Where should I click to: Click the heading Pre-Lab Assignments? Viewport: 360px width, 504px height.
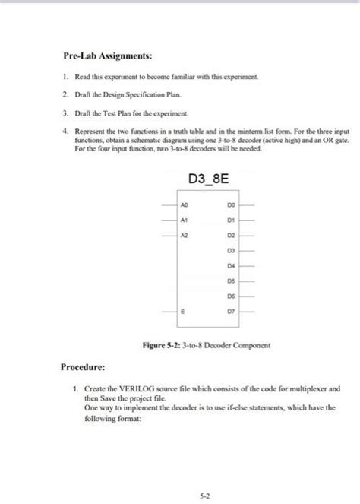point(106,55)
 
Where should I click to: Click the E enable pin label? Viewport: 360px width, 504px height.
point(184,311)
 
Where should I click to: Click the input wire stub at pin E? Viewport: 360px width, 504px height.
point(169,311)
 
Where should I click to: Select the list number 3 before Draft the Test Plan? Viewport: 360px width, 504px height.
point(65,113)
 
